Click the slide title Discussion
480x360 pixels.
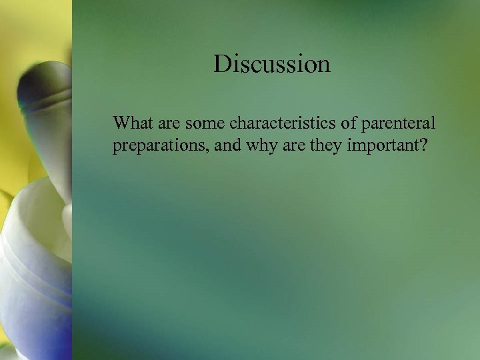(x=272, y=64)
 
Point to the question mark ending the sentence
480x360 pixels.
(x=421, y=146)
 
